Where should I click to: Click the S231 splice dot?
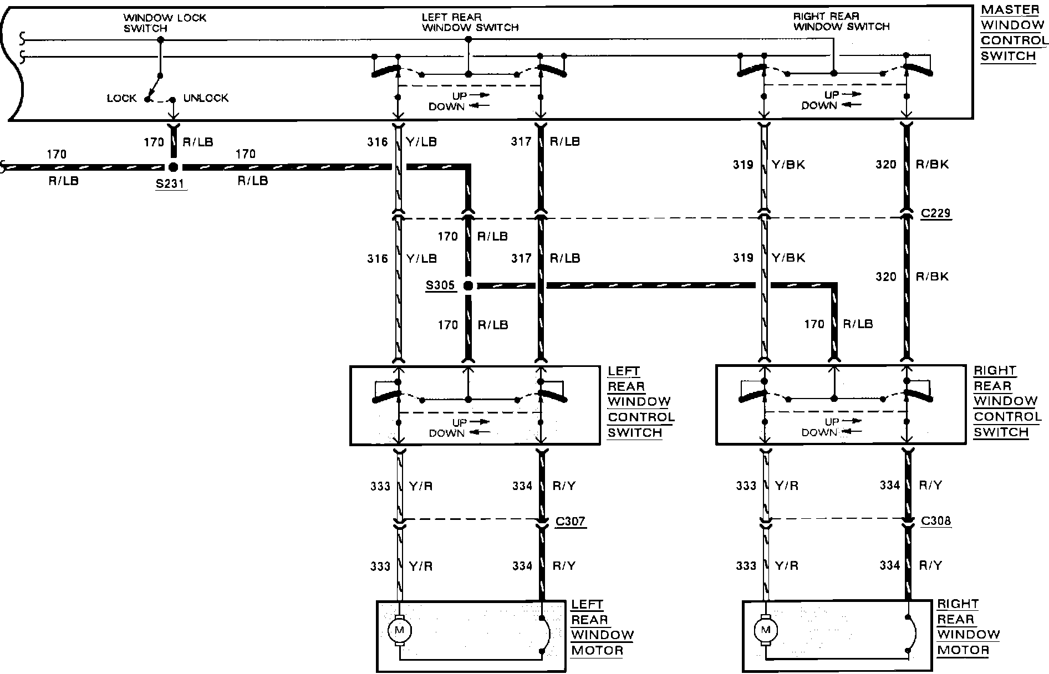click(x=173, y=166)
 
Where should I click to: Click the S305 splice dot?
click(x=469, y=285)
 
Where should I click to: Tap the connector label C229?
click(x=936, y=213)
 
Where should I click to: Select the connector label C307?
click(x=571, y=521)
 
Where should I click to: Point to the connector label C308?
click(x=936, y=521)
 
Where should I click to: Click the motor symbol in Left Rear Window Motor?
click(x=399, y=630)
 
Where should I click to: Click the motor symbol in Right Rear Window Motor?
click(x=766, y=630)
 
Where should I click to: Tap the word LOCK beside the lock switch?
click(x=121, y=99)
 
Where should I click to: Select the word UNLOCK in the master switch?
click(x=206, y=98)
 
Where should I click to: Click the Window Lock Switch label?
click(x=165, y=23)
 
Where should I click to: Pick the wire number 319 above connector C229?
click(x=743, y=165)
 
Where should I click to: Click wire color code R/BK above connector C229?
click(x=932, y=164)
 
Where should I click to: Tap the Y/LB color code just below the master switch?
click(x=421, y=142)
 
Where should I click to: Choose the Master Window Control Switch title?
click(x=1013, y=33)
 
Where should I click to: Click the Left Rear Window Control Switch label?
click(x=640, y=402)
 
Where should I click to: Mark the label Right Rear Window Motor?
click(x=968, y=627)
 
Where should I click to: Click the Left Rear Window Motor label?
click(x=602, y=627)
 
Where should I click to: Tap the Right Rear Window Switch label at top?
click(x=841, y=22)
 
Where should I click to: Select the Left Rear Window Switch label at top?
click(x=470, y=22)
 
